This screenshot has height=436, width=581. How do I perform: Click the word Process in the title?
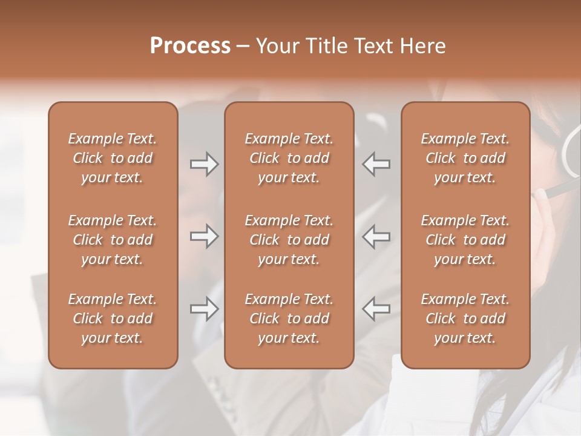(x=190, y=46)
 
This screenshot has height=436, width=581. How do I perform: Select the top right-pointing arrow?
(x=204, y=164)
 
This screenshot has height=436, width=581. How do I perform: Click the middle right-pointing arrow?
(x=204, y=237)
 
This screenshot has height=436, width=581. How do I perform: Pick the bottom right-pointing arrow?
(x=204, y=309)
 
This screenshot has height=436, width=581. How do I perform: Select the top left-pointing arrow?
(x=376, y=164)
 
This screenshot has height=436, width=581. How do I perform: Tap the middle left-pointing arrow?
(x=376, y=237)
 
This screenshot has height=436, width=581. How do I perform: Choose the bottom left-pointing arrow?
(x=376, y=309)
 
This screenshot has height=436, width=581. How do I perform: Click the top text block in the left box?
(x=113, y=158)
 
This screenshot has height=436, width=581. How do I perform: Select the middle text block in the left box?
(x=113, y=240)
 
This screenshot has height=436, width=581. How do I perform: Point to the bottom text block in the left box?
(x=113, y=319)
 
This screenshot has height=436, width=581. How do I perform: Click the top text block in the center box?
(x=289, y=158)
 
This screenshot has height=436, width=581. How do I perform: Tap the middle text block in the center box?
(x=289, y=240)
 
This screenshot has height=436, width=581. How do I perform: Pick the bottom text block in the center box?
(x=289, y=319)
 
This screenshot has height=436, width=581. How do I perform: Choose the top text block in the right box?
(x=465, y=158)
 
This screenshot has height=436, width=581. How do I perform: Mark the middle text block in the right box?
(x=465, y=240)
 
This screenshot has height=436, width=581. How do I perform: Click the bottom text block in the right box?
(x=465, y=319)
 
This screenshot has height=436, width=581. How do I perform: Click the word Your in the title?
(x=275, y=46)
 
